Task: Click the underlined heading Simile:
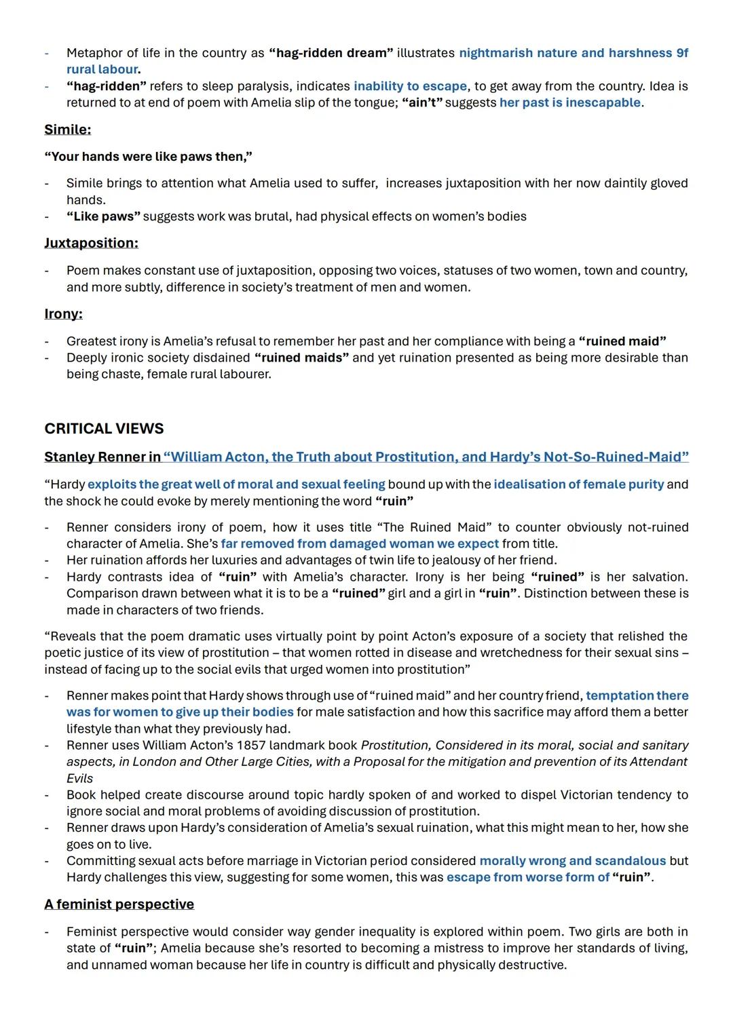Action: (x=67, y=130)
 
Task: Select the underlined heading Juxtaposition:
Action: (x=91, y=243)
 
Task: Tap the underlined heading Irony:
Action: (x=63, y=313)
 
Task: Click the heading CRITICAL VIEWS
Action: (x=104, y=429)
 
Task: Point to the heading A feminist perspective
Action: (x=119, y=904)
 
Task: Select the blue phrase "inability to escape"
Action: (x=410, y=86)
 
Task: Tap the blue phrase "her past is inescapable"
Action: (x=570, y=102)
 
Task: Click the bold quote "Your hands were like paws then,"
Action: (x=148, y=157)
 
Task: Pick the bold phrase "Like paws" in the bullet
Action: (x=103, y=216)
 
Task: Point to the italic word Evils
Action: (x=79, y=778)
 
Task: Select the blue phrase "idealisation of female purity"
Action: (x=578, y=484)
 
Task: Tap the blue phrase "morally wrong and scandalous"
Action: (x=572, y=861)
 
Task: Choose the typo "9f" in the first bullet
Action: (x=681, y=53)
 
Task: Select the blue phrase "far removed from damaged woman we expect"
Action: (x=360, y=544)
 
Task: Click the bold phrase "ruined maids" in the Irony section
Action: (x=301, y=358)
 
